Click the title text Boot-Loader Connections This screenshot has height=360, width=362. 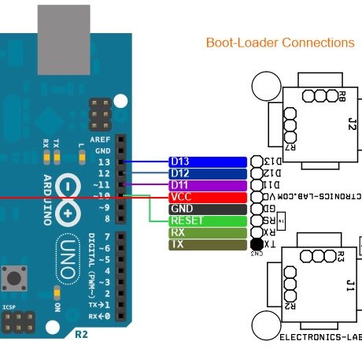pyautogui.click(x=279, y=43)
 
